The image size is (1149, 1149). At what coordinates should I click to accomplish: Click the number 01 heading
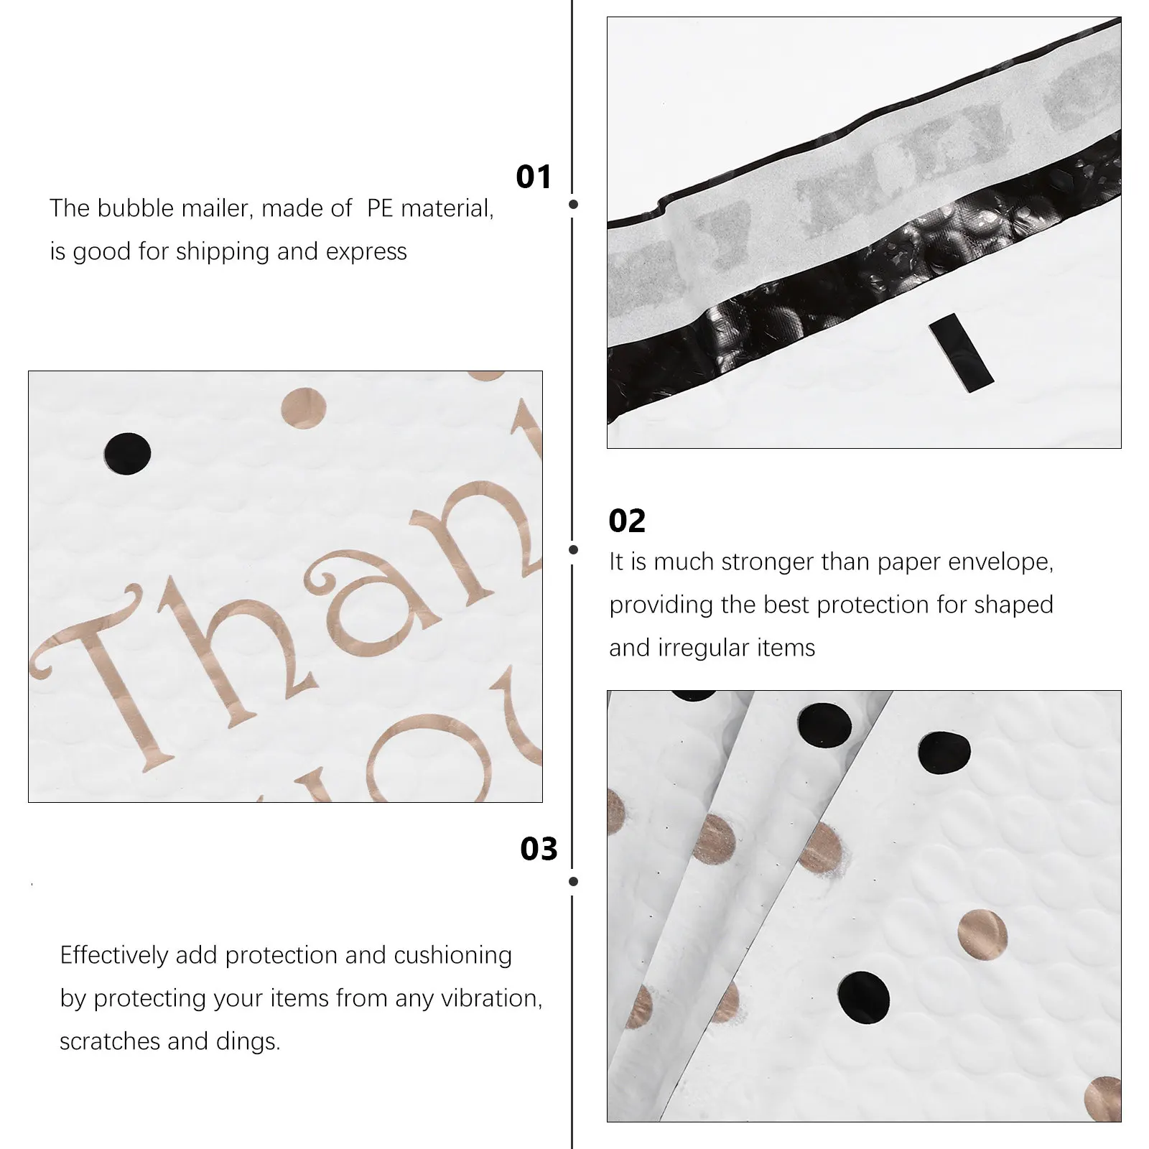(534, 177)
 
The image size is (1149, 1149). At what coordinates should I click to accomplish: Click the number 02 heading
(627, 521)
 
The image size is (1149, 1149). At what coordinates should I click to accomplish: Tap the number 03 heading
(539, 849)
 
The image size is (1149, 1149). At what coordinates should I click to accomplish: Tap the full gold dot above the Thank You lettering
(302, 407)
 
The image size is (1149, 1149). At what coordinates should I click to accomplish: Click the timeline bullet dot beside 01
(573, 205)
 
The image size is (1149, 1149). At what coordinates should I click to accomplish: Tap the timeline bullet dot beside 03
(573, 881)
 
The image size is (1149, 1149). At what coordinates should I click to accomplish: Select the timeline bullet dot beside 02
(573, 549)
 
